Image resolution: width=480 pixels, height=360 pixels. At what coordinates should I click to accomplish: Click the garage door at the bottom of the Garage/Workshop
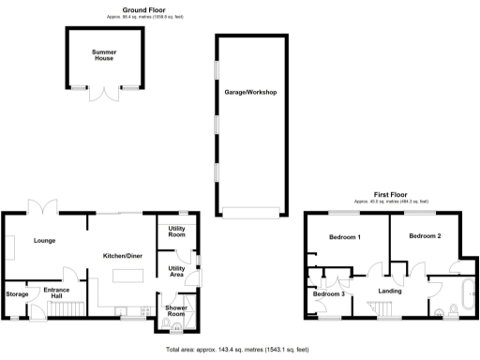coord(249,213)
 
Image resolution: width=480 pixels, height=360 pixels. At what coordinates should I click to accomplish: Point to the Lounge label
coord(44,241)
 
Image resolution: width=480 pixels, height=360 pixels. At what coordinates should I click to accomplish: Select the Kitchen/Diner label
coord(122,254)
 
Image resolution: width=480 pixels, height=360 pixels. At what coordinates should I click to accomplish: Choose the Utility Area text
coord(176,272)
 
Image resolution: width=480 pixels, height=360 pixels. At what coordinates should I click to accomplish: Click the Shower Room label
coord(176,309)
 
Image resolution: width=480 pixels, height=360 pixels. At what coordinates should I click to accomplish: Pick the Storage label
coord(17,294)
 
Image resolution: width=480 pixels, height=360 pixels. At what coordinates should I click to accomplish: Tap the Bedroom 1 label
coord(345,237)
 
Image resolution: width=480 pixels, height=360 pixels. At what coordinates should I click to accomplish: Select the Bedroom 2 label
coord(425,235)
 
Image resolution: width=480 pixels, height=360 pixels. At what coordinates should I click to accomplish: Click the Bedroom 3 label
coord(328,294)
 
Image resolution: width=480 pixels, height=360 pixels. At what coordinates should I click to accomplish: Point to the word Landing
coord(389,291)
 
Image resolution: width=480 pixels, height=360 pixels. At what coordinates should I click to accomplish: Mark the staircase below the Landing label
coord(388,308)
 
